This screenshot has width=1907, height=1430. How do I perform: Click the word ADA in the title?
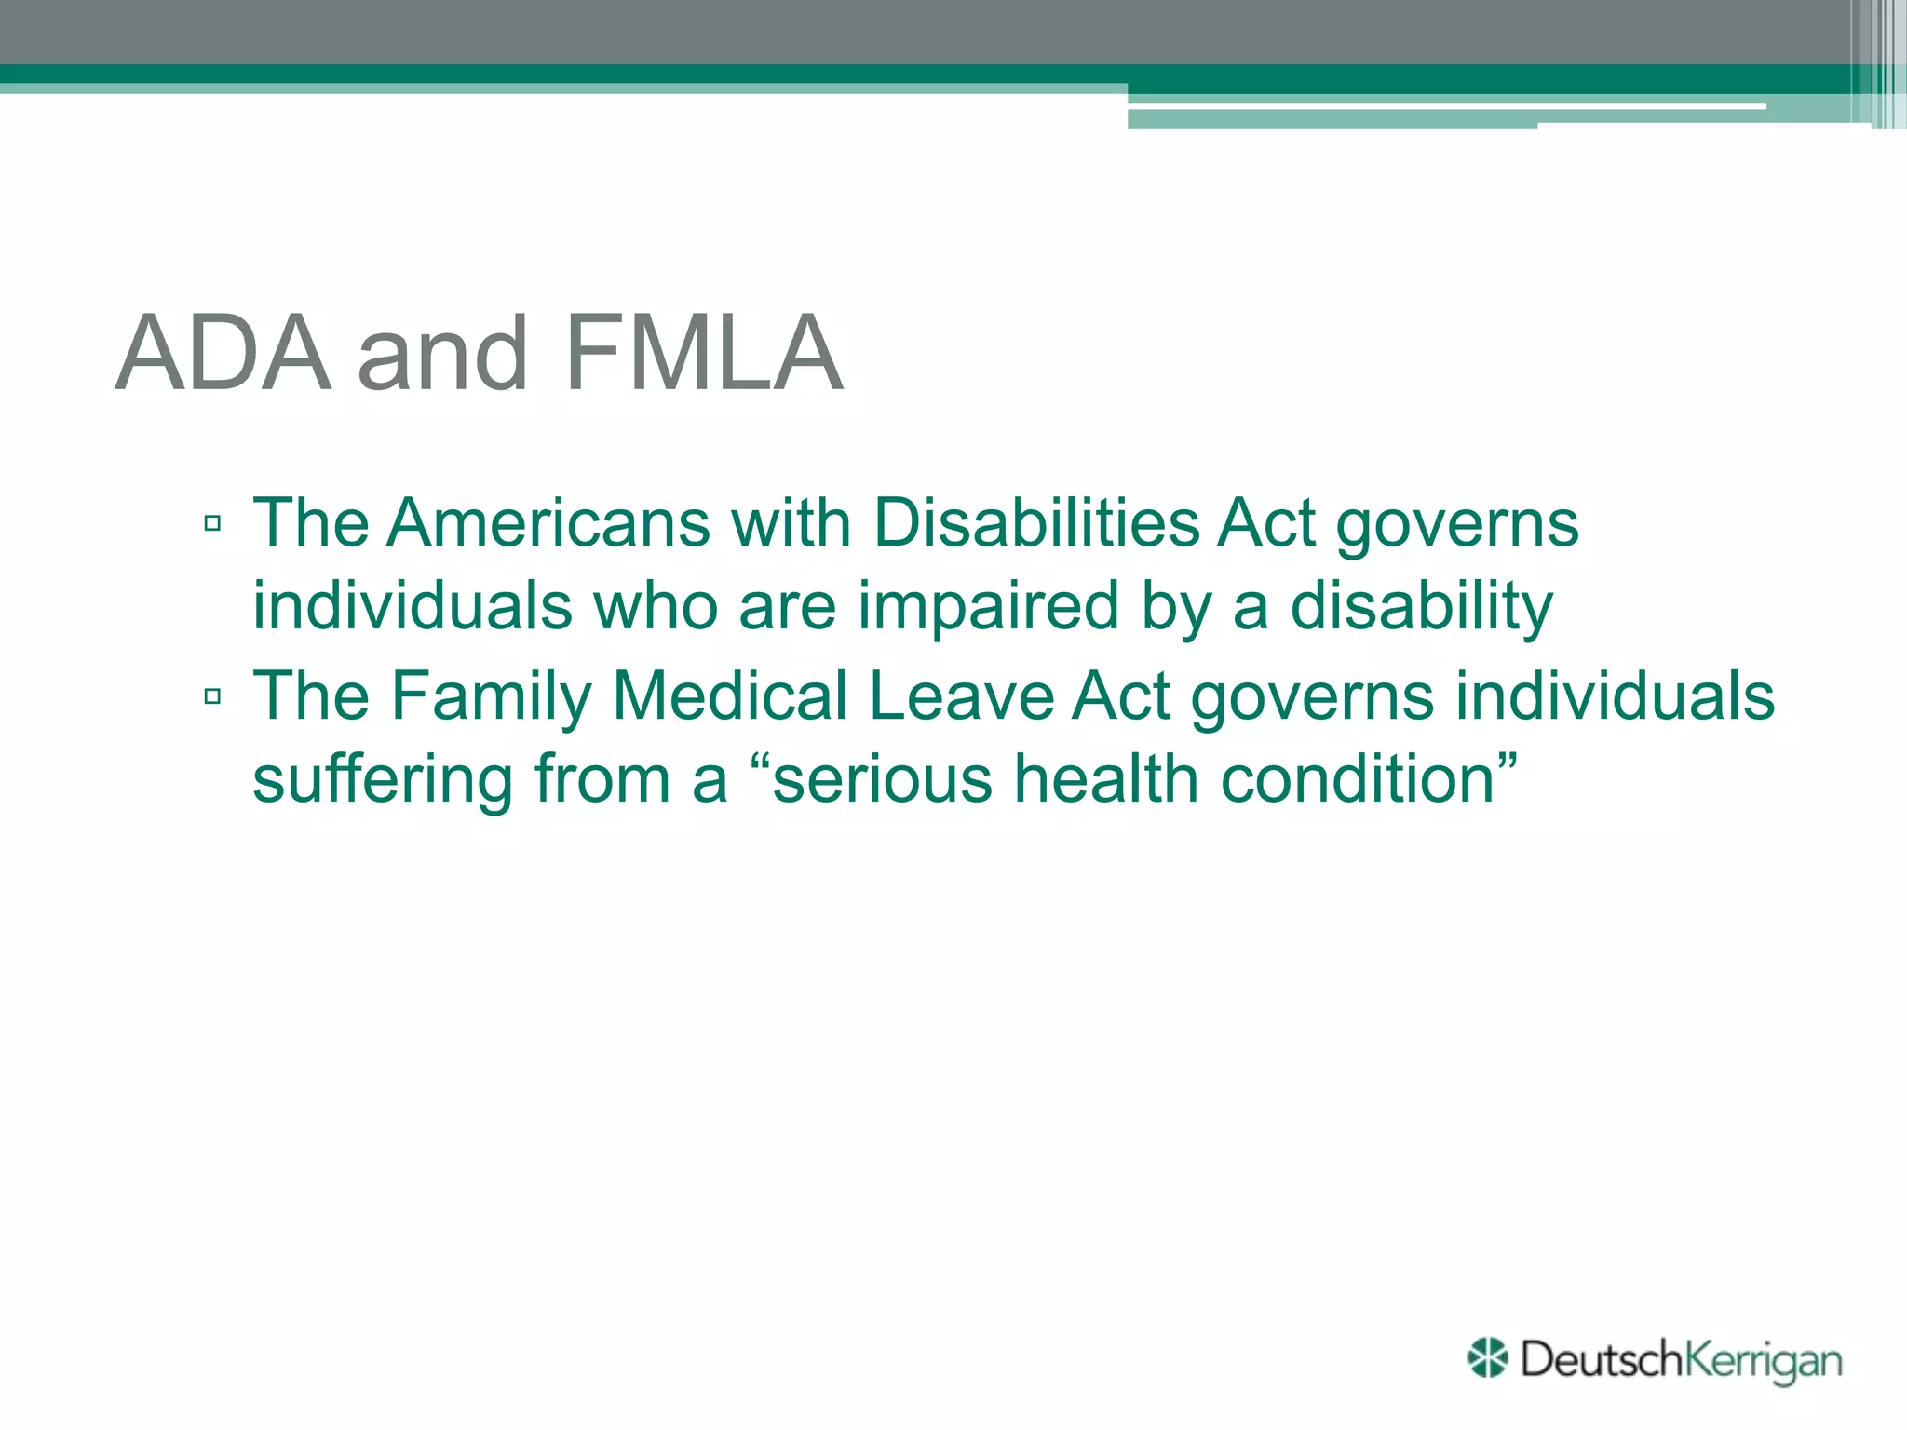[x=223, y=354]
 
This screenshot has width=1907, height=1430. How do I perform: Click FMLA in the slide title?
[x=704, y=354]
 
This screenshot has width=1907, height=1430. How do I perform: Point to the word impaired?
[x=988, y=606]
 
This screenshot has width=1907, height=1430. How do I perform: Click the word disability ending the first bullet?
[x=1421, y=606]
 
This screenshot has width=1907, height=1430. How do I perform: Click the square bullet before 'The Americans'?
[x=212, y=523]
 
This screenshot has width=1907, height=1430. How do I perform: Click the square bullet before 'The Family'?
[x=212, y=696]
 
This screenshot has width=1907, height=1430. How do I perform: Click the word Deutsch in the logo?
[x=1602, y=1359]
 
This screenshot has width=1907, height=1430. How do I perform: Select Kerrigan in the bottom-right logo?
[x=1764, y=1361]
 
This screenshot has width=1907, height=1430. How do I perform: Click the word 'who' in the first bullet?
[x=656, y=606]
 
